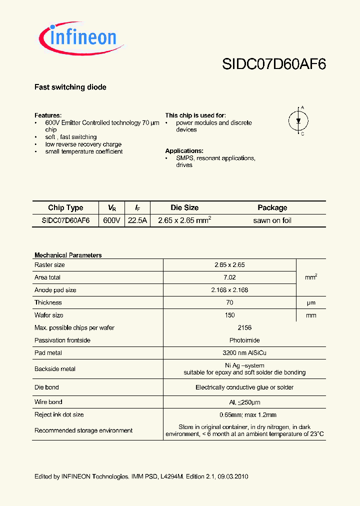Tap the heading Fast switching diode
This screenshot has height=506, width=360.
coord(70,87)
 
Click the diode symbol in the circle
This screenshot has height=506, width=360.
coord(298,120)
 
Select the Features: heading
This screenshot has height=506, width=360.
coord(48,115)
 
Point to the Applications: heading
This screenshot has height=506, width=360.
coord(184,151)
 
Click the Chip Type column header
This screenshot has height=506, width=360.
coord(65,208)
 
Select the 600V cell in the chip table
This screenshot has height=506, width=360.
coord(111,220)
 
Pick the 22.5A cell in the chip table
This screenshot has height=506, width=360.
coord(137,220)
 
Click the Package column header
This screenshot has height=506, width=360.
coord(272,208)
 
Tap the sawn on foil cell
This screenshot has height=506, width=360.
coord(272,220)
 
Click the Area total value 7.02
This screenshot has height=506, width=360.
coord(229,277)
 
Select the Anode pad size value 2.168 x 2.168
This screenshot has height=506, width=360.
coord(229,290)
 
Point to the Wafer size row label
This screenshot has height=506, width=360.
coord(49,315)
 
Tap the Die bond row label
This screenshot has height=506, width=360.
coord(46,387)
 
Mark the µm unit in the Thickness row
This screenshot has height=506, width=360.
coord(311,303)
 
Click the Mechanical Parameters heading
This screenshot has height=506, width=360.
coord(68,255)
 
